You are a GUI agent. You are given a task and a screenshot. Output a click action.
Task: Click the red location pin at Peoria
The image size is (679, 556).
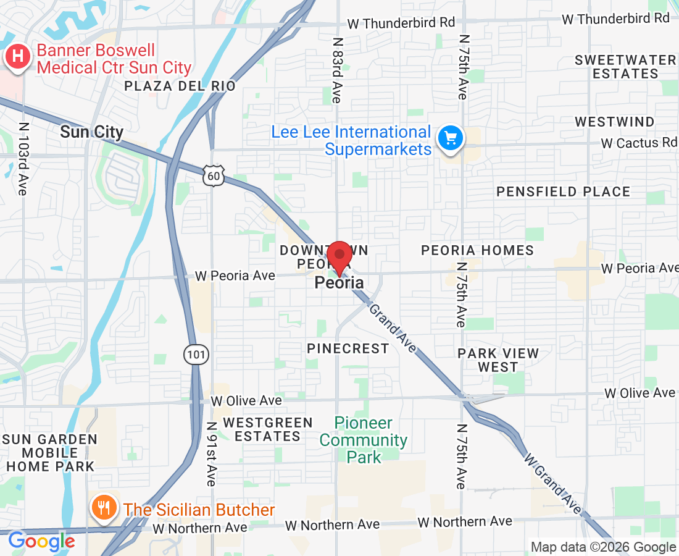[x=339, y=257]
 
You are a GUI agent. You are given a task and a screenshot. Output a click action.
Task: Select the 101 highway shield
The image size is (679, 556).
[x=196, y=355]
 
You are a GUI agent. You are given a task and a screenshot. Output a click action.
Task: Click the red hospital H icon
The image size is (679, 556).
[x=19, y=57]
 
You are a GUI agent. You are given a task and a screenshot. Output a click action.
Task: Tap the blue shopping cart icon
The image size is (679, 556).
[x=451, y=138]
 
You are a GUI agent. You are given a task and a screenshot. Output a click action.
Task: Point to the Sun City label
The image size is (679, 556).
[x=92, y=132]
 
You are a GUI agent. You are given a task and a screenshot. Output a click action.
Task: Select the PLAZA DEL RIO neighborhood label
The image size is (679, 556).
[x=180, y=86]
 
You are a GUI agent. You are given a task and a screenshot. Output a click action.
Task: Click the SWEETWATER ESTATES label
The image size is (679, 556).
[x=625, y=67]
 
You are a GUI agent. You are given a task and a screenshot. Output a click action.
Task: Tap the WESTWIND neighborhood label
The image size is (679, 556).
[x=614, y=122]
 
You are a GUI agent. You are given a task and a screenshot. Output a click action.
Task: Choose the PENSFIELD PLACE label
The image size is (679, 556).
[x=563, y=192]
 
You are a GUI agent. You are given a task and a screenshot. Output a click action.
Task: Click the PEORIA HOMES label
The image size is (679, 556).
[x=477, y=250]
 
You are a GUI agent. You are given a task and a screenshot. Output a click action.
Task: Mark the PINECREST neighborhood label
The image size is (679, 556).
[x=348, y=348]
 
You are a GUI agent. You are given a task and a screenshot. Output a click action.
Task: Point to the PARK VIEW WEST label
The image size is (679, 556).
[x=498, y=360]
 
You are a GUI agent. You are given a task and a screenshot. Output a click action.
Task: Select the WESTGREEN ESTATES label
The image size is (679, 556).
[x=268, y=429]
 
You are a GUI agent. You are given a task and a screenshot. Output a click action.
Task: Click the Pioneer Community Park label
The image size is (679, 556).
[x=364, y=440]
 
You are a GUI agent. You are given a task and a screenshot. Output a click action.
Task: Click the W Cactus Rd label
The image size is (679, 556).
[x=638, y=143]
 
